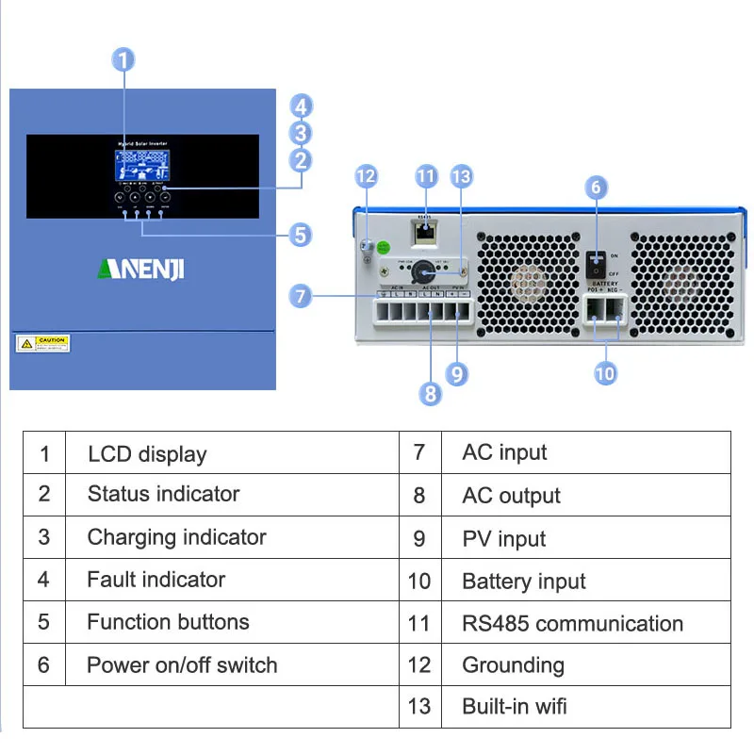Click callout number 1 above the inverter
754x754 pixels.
point(123,60)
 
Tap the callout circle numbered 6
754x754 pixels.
point(595,187)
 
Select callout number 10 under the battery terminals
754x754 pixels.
point(605,373)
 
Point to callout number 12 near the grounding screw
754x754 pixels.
point(366,176)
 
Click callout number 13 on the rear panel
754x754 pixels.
point(461,176)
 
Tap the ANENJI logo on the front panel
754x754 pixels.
point(141,270)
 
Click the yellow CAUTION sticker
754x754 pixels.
point(42,342)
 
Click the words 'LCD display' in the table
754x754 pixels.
point(147,454)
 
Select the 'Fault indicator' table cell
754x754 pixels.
point(156,580)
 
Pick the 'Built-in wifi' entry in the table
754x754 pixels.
point(515,706)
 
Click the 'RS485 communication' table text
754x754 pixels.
point(572,623)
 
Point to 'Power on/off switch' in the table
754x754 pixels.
point(182,665)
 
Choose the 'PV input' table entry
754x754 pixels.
point(504,539)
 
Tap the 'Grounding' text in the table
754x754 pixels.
point(513,665)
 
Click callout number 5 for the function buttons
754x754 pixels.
point(301,234)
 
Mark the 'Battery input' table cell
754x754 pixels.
point(524,582)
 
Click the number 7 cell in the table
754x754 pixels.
point(419,452)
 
